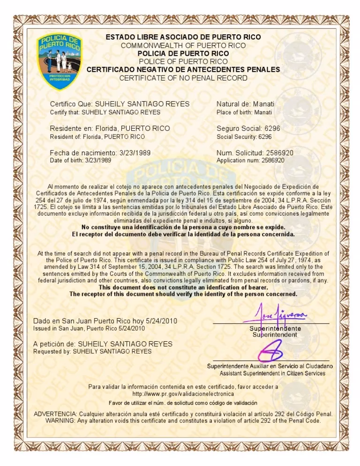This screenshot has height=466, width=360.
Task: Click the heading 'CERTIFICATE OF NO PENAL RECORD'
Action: (183, 78)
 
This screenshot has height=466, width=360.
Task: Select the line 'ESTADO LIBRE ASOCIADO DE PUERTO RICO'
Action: (183, 37)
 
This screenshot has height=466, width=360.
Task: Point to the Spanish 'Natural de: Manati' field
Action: (246, 104)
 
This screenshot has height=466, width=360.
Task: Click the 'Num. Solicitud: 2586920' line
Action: (255, 153)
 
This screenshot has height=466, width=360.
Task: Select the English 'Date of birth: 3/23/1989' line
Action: (81, 160)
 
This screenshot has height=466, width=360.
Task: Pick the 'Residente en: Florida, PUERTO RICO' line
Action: (110, 128)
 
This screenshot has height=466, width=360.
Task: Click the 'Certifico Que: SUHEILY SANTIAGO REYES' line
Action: (120, 104)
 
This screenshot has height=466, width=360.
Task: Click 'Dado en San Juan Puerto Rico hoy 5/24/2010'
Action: (105, 321)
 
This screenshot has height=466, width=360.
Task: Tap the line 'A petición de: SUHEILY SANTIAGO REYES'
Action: (103, 344)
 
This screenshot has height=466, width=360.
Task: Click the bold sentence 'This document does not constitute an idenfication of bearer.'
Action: (183, 287)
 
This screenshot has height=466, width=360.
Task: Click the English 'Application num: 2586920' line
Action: (250, 160)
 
